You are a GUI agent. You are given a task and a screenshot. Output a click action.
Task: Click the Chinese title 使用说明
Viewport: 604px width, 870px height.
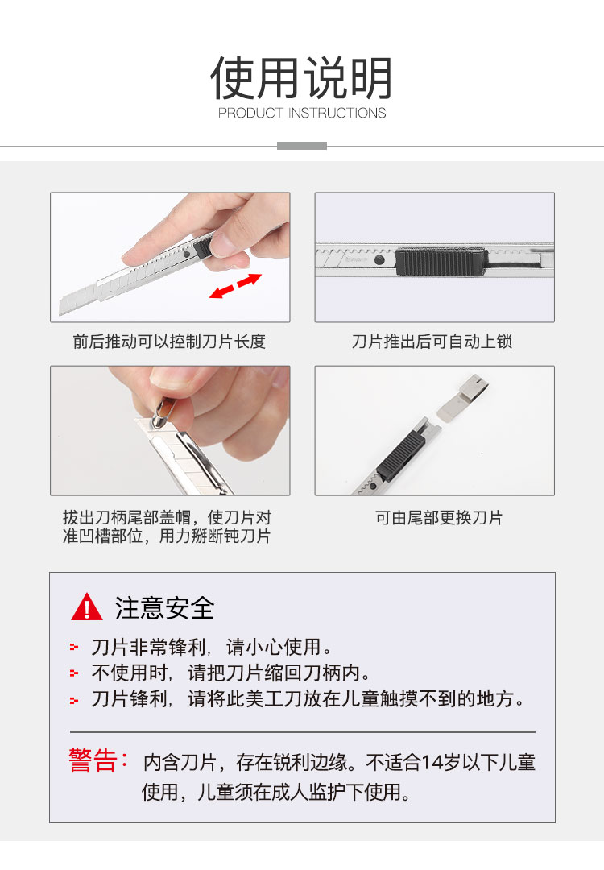pyautogui.click(x=302, y=77)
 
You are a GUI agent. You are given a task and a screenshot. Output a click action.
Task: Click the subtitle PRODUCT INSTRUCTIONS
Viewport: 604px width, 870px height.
pyautogui.click(x=302, y=113)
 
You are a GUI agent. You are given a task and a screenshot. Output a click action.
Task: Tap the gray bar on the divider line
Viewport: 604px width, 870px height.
pyautogui.click(x=302, y=146)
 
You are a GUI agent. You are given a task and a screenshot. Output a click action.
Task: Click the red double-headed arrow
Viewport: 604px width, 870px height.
pyautogui.click(x=235, y=286)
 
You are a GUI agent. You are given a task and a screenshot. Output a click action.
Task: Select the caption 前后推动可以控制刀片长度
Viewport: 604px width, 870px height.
pyautogui.click(x=169, y=342)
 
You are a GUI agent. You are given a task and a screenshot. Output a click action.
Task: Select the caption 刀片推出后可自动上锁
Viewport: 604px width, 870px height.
pyautogui.click(x=432, y=342)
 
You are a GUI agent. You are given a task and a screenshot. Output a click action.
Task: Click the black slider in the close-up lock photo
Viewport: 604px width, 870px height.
pyautogui.click(x=442, y=262)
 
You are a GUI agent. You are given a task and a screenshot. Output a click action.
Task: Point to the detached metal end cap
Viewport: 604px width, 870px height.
pyautogui.click(x=464, y=396)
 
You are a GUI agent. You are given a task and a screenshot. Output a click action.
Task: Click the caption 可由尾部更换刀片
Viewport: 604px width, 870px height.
pyautogui.click(x=439, y=518)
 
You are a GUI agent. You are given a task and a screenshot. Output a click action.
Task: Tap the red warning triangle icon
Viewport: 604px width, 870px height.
pyautogui.click(x=87, y=607)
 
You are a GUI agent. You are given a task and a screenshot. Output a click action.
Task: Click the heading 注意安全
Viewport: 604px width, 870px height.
pyautogui.click(x=165, y=608)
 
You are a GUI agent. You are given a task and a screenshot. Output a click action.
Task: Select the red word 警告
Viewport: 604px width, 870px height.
pyautogui.click(x=93, y=760)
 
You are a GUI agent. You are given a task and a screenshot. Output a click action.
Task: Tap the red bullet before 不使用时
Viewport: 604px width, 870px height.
pyautogui.click(x=74, y=673)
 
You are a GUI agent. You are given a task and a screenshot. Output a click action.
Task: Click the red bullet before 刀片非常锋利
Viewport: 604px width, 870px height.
pyautogui.click(x=74, y=648)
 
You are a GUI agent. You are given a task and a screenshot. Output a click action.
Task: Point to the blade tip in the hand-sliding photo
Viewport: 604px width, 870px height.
pyautogui.click(x=60, y=308)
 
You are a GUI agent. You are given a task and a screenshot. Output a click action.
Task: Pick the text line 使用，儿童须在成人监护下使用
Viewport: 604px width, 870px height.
pyautogui.click(x=275, y=793)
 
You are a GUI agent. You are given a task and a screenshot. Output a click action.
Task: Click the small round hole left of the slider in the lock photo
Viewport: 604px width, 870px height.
pyautogui.click(x=379, y=259)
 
